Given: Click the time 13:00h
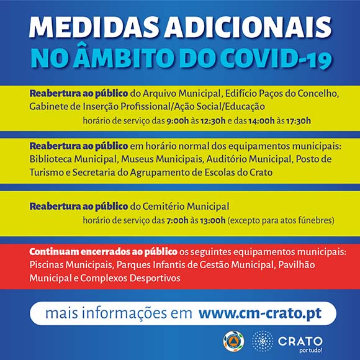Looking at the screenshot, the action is click(213, 220).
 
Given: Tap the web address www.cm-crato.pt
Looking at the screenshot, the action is click(260, 313).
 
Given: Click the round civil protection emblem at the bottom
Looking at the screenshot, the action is click(233, 341).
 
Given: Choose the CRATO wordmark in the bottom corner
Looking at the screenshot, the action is click(300, 341).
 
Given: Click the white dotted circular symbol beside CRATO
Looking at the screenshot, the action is click(263, 341).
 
